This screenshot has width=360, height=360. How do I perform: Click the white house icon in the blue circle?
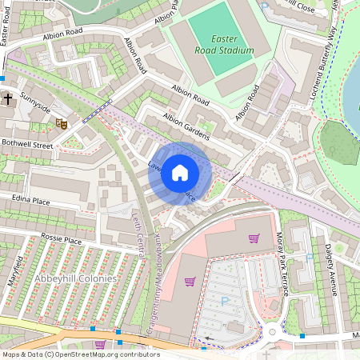[180, 172]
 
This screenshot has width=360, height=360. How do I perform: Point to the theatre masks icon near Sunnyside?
[60, 122]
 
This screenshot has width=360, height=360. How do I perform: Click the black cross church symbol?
[7, 99]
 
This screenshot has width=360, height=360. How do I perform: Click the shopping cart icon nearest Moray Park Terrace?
[254, 238]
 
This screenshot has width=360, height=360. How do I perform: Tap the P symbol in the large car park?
[224, 302]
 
